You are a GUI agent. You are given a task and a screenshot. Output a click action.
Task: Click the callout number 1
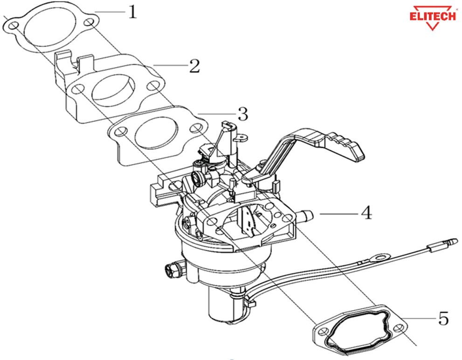(132, 11)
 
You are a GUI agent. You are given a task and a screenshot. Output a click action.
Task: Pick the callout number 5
(443, 319)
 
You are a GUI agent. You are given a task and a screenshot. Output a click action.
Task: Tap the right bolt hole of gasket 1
(89, 24)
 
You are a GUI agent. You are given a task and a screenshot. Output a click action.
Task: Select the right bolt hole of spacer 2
(152, 86)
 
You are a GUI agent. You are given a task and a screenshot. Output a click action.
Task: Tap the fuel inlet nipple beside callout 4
(306, 215)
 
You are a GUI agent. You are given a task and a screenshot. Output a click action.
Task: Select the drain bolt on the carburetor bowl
(171, 270)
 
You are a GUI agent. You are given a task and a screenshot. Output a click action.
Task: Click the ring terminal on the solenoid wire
(382, 257)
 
